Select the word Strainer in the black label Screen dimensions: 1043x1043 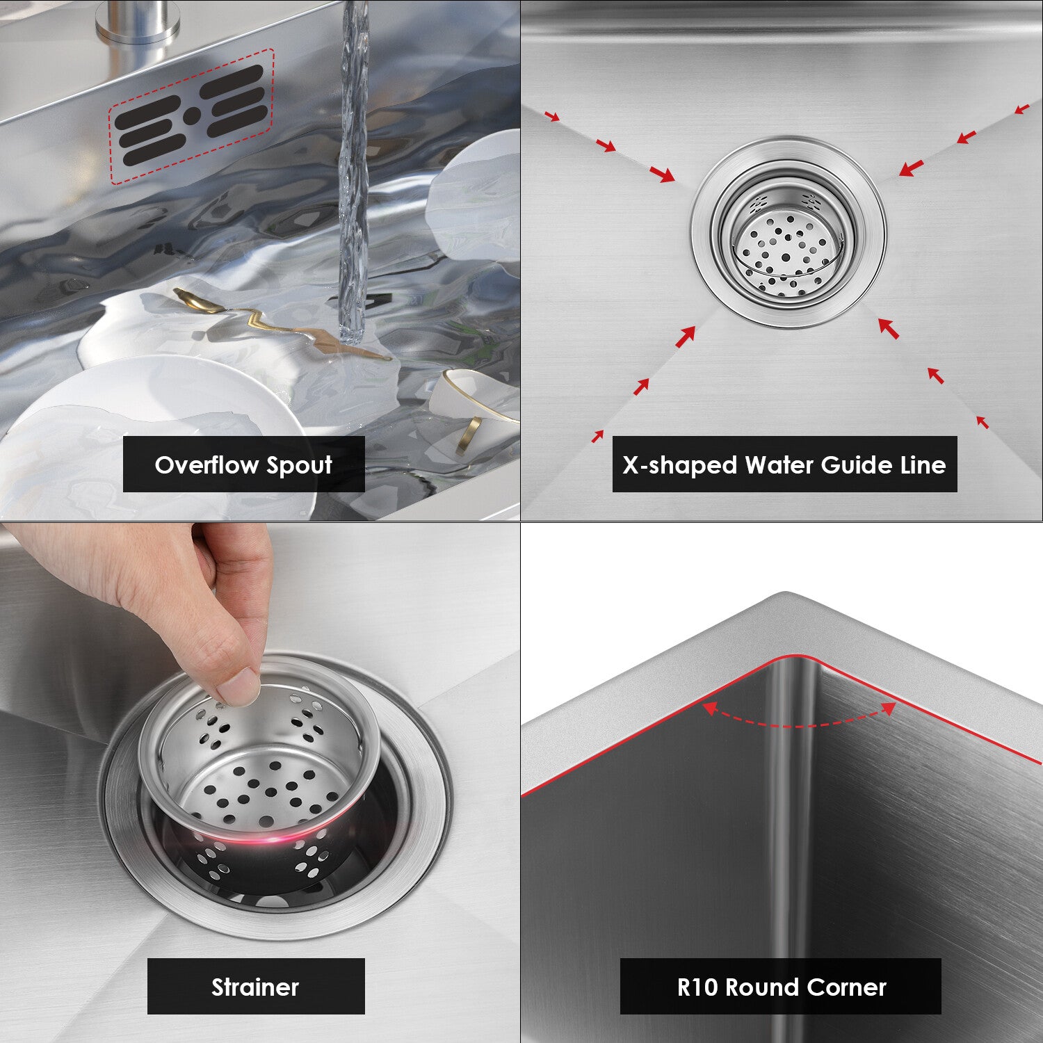255,987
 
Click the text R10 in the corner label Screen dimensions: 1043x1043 697,987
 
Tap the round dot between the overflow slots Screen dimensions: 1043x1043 194,115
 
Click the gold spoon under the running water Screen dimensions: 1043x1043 278,323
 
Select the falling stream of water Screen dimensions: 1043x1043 354,174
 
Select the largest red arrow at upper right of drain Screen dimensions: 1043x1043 912,168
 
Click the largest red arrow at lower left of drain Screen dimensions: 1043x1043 686,337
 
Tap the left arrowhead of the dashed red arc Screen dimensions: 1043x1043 709,709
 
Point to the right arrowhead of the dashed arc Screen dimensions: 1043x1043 889,709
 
